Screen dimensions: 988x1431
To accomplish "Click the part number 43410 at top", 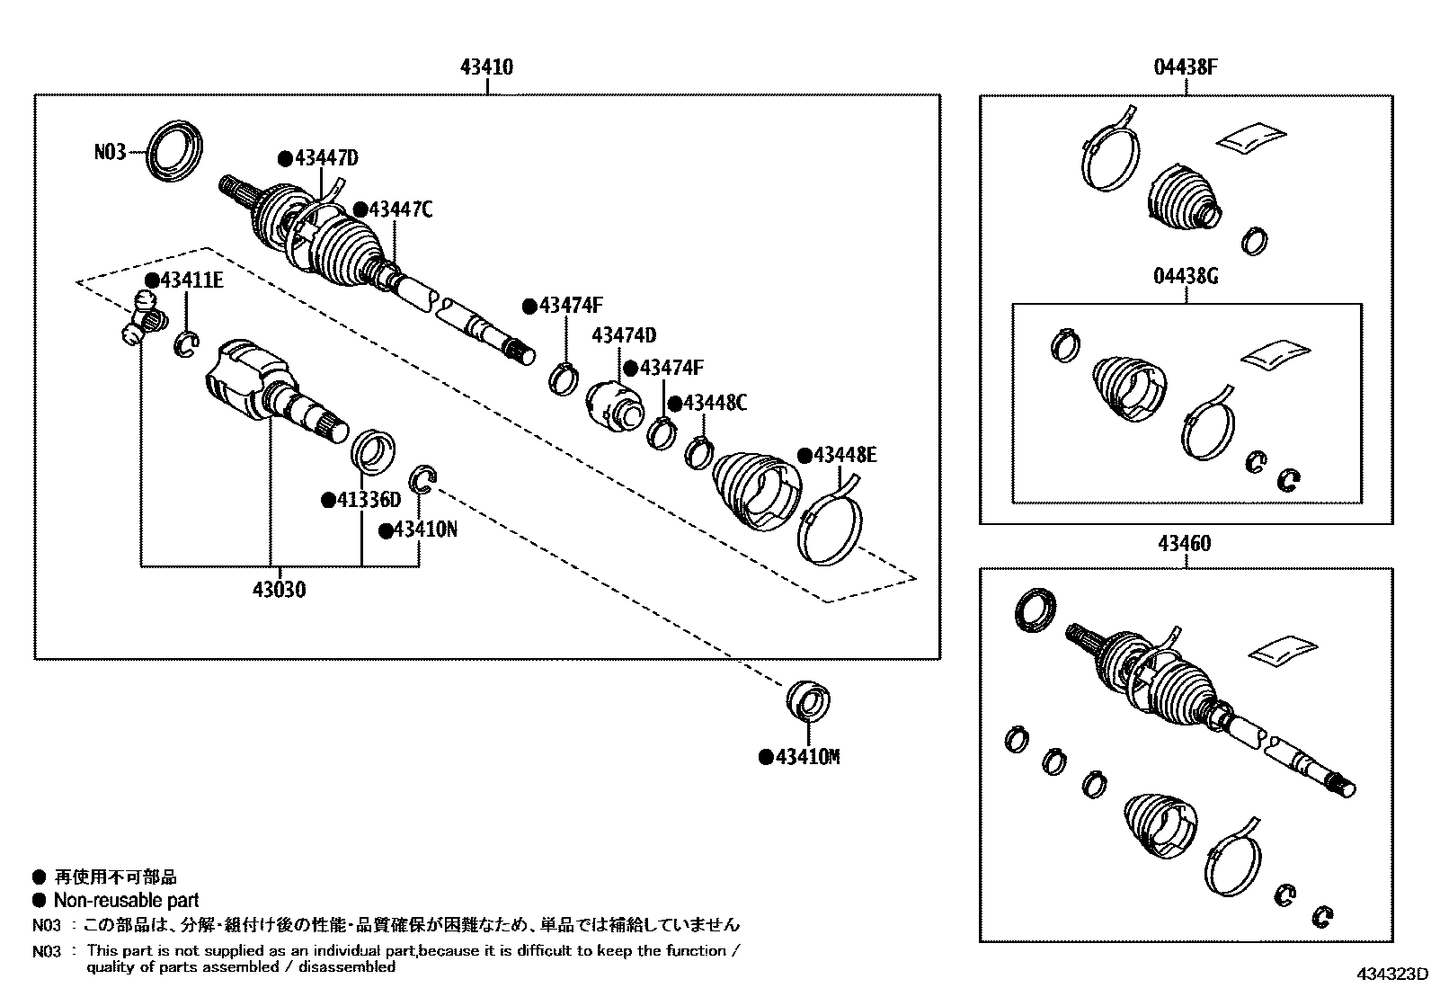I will pos(486,67).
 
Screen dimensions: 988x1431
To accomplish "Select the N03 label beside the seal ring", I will pos(110,152).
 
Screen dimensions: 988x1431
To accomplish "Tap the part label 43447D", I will pos(325,159).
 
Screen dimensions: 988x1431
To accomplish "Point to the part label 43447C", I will pos(400,209).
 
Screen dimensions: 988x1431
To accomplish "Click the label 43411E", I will pos(191,281).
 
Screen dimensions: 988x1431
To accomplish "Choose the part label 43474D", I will pos(623,336).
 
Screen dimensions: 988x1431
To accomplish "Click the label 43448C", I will pos(714,403).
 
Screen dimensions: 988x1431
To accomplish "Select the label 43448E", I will pos(844,455).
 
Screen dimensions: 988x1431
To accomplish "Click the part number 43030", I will pos(279,591).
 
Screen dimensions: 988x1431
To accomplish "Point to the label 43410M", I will pos(806,758).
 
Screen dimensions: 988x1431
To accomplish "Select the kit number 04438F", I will pos(1186,67).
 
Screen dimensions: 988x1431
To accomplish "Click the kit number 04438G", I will pos(1186,276).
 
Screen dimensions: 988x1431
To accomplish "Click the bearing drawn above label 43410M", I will pos(808,702).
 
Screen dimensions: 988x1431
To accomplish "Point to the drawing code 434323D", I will pos(1392,975).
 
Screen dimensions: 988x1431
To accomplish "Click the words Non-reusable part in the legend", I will pos(126,901).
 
